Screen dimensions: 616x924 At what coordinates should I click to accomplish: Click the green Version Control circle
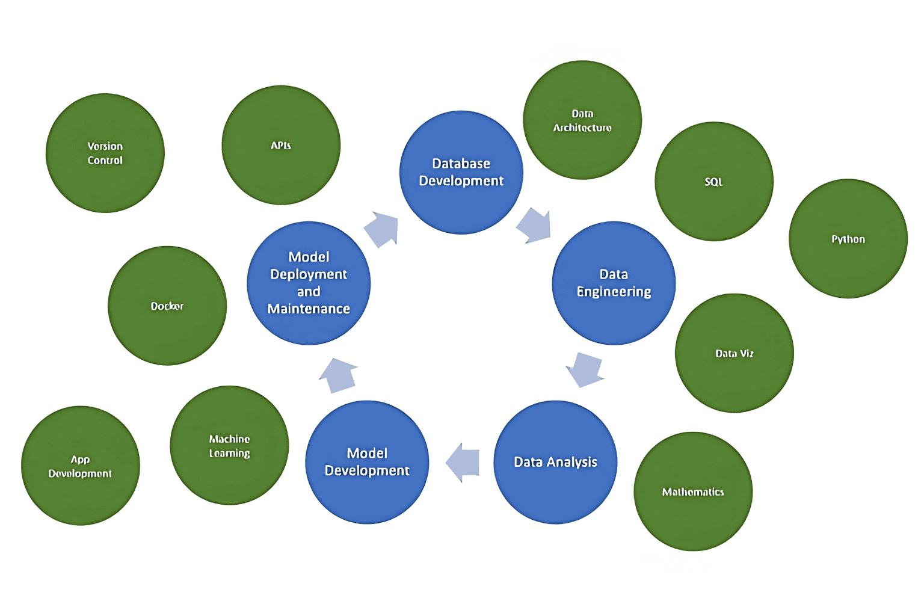pyautogui.click(x=105, y=153)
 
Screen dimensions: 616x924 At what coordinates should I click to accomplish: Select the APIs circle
pyautogui.click(x=281, y=145)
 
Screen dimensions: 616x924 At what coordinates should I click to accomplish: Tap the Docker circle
pyautogui.click(x=167, y=306)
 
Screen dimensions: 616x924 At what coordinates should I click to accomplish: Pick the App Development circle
pyautogui.click(x=81, y=466)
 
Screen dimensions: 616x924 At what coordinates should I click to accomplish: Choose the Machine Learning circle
pyautogui.click(x=229, y=445)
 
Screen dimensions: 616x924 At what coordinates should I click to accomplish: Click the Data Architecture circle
pyautogui.click(x=582, y=120)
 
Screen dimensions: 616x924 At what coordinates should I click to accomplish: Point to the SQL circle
pyautogui.click(x=714, y=181)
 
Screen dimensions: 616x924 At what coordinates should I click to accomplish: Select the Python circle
pyautogui.click(x=848, y=238)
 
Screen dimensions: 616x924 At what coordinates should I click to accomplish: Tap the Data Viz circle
pyautogui.click(x=735, y=353)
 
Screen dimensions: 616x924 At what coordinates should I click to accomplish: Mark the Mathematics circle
pyautogui.click(x=693, y=491)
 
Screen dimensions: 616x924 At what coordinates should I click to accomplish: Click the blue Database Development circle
pyautogui.click(x=461, y=172)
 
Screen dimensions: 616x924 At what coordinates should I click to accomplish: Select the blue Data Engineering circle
pyautogui.click(x=614, y=283)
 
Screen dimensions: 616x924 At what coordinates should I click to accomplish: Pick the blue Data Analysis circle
pyautogui.click(x=555, y=462)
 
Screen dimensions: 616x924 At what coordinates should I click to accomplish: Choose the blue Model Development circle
pyautogui.click(x=367, y=462)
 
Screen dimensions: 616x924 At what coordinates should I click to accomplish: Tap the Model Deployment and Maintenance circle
pyautogui.click(x=309, y=283)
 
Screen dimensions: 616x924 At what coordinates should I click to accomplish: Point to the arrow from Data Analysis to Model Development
pyautogui.click(x=463, y=462)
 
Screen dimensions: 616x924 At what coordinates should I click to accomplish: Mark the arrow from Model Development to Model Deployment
pyautogui.click(x=339, y=375)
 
